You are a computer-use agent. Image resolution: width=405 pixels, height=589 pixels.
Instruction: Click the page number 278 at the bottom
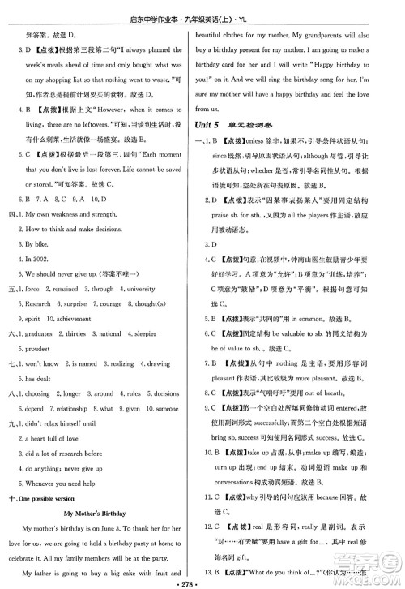click(x=202, y=581)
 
